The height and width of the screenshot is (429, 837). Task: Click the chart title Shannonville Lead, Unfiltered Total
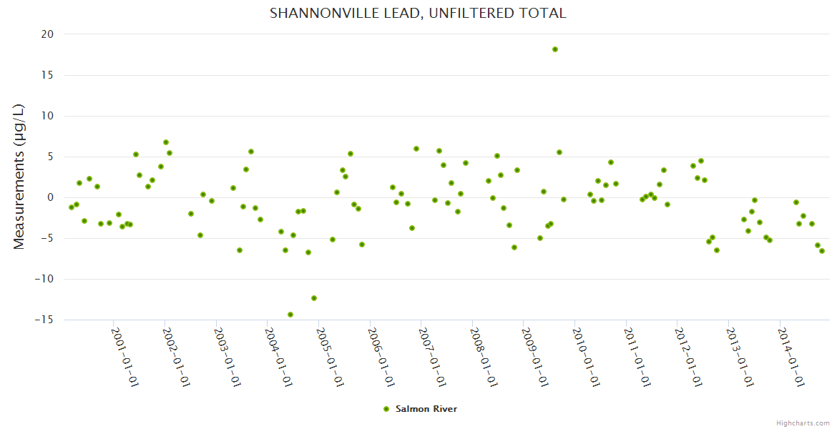[418, 13]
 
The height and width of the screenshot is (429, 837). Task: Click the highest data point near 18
[555, 49]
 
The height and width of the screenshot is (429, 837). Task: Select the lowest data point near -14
[290, 315]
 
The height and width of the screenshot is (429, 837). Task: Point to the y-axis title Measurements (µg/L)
[19, 177]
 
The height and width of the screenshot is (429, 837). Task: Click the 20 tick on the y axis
[47, 34]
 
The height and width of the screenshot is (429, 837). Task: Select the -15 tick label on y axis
[44, 320]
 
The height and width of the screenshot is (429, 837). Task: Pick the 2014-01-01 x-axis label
[791, 357]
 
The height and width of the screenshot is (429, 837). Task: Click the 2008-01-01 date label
[483, 357]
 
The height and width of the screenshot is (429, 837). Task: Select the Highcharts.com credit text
[803, 423]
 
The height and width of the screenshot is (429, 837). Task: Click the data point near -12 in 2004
[314, 298]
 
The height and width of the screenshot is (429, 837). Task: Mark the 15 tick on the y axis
[47, 75]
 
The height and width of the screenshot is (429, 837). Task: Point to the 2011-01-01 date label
[637, 357]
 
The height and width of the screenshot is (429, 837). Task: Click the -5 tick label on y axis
[46, 238]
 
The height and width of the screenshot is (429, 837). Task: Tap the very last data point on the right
[822, 251]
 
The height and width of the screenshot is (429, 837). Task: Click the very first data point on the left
[72, 207]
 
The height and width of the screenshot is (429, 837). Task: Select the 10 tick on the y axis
[47, 116]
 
